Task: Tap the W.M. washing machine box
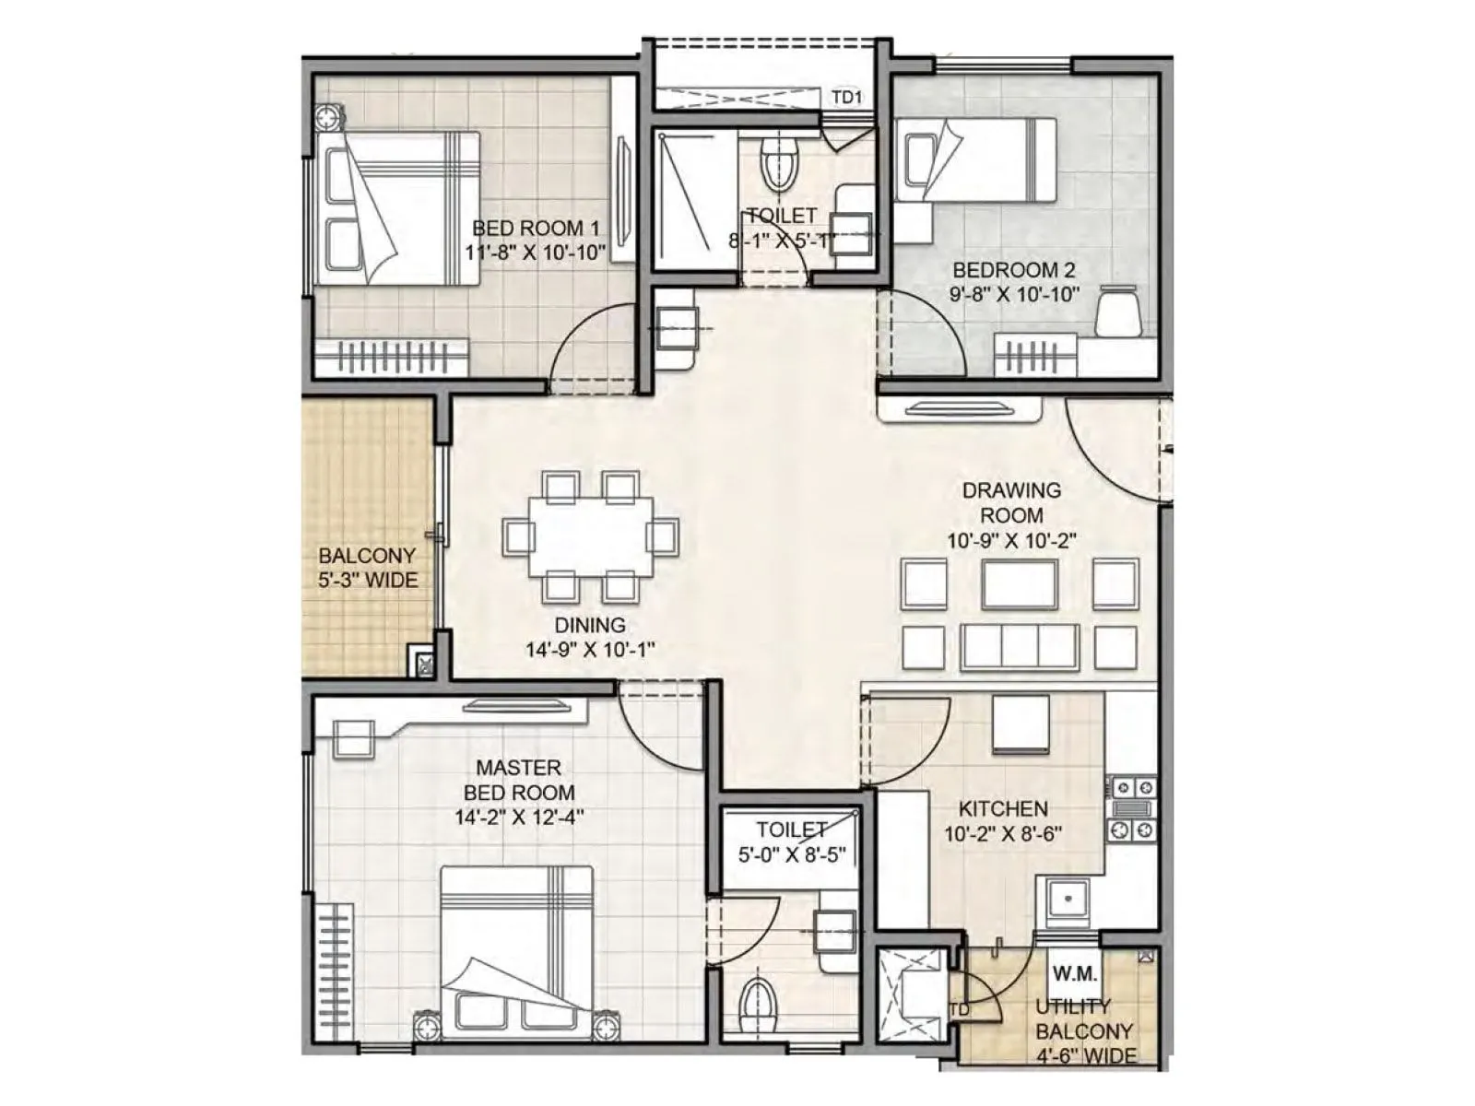coord(1074,972)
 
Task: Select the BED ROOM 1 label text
coord(536,228)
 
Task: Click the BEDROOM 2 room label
coord(1013,270)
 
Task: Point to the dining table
coord(591,536)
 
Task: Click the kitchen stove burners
coord(1132,808)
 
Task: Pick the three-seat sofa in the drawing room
coord(1019,646)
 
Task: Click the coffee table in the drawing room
coord(1019,584)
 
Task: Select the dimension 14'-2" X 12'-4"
coord(519,817)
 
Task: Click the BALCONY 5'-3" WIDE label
coord(368,568)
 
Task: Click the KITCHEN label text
coord(1003,808)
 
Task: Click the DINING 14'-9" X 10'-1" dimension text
coord(590,649)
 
